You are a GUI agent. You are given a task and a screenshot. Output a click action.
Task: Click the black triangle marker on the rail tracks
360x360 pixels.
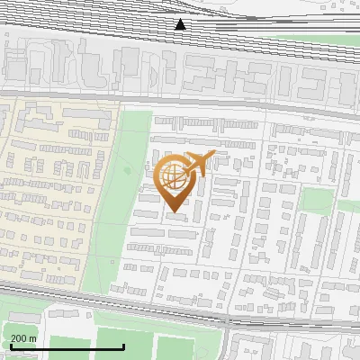pos(180,24)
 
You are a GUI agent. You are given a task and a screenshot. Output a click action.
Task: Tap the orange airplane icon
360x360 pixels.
pos(200,163)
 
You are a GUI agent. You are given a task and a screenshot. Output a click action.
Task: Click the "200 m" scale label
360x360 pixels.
pos(23,338)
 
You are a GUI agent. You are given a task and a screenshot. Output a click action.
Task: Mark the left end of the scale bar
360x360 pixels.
pos(11,346)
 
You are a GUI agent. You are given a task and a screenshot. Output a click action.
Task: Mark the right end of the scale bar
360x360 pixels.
pos(123,346)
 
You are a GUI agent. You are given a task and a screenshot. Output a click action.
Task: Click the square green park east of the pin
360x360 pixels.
pos(315,199)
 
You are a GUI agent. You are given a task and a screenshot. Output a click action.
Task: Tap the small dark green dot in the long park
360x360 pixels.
pos(128,170)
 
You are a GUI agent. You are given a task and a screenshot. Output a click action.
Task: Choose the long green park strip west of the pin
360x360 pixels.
pos(121,207)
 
